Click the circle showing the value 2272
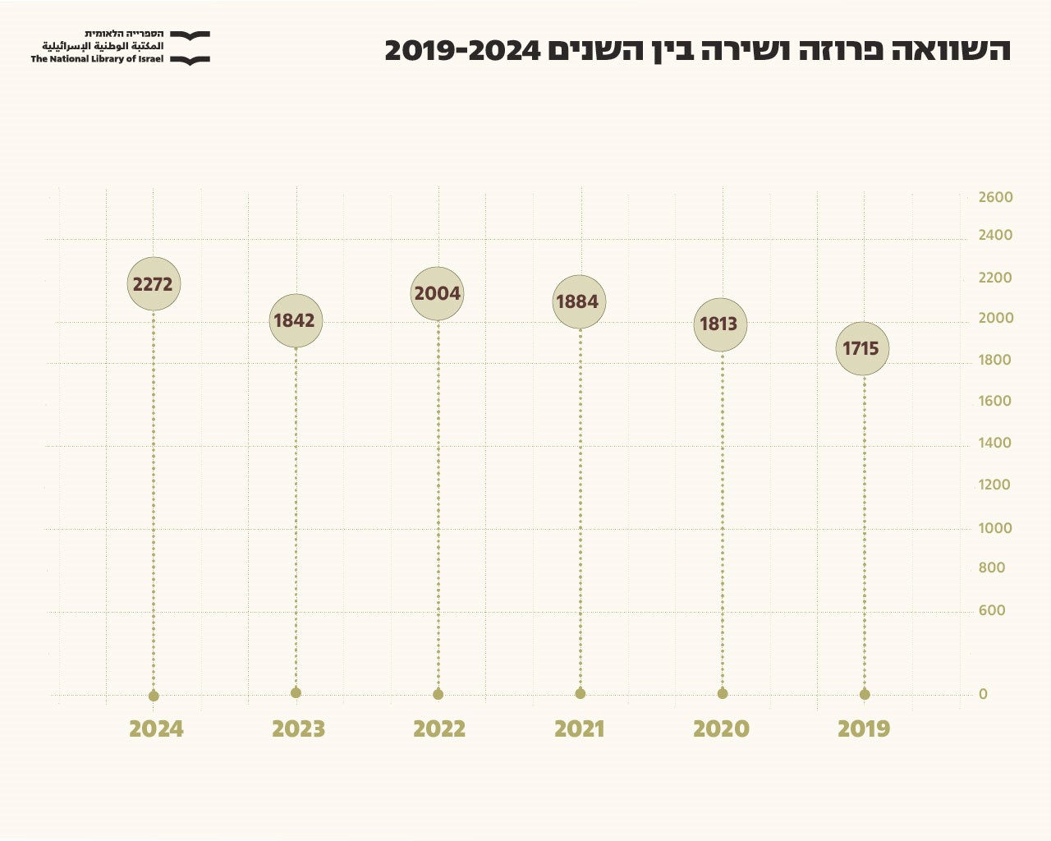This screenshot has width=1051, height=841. [154, 284]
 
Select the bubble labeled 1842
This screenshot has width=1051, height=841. [296, 320]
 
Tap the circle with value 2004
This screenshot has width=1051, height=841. [438, 293]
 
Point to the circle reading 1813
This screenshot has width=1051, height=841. [720, 324]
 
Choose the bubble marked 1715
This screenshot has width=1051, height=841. [862, 349]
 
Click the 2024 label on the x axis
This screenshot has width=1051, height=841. [156, 729]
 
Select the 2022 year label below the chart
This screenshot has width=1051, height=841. [439, 729]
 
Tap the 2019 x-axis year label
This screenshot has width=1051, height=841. [864, 729]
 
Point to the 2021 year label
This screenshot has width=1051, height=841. [580, 729]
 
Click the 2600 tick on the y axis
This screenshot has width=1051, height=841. [995, 198]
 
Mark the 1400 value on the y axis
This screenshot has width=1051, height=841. [995, 443]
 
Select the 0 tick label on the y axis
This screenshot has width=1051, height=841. [983, 695]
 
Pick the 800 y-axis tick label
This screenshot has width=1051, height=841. [992, 568]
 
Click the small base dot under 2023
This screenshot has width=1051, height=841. [296, 693]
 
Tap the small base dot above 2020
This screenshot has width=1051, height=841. [723, 694]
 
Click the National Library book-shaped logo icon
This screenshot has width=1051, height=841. [190, 48]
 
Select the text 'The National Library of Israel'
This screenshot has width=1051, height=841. [97, 59]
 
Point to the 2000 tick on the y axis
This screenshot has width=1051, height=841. [995, 319]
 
